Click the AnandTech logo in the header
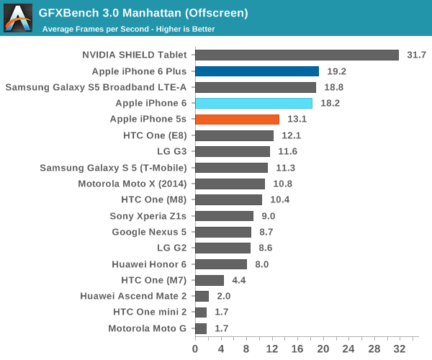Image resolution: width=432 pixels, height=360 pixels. pyautogui.click(x=18, y=18)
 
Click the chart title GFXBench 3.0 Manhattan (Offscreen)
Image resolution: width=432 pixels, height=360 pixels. pyautogui.click(x=144, y=13)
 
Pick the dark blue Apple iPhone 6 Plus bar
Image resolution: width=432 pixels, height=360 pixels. pyautogui.click(x=256, y=71)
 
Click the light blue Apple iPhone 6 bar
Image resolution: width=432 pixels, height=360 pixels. pyautogui.click(x=253, y=103)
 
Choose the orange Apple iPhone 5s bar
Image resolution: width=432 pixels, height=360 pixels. pyautogui.click(x=237, y=120)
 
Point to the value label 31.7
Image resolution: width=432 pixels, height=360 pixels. pyautogui.click(x=416, y=55)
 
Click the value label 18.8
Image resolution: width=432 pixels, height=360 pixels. pyautogui.click(x=333, y=87)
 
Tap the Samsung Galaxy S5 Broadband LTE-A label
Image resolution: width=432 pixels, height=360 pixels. pyautogui.click(x=96, y=87)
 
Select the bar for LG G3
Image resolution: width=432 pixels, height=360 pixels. pyautogui.click(x=232, y=151)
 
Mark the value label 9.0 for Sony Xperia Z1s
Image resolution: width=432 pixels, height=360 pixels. pyautogui.click(x=268, y=216)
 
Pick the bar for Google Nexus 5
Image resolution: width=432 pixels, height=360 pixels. pyautogui.click(x=222, y=232)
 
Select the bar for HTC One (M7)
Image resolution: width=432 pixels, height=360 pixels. pyautogui.click(x=209, y=280)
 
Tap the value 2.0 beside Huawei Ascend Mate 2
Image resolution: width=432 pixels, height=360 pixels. pyautogui.click(x=223, y=296)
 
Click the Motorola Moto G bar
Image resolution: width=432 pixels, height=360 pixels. pyautogui.click(x=200, y=328)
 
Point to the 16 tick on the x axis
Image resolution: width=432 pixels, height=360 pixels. pyautogui.click(x=297, y=348)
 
